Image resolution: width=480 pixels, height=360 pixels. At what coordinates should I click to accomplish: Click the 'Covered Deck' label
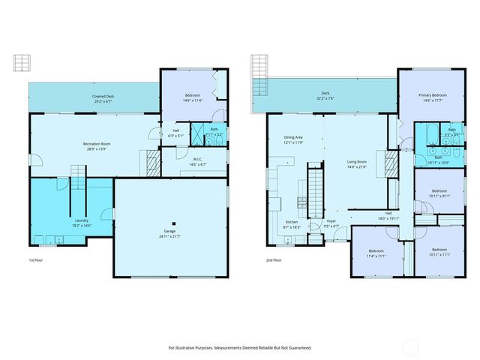point(103,96)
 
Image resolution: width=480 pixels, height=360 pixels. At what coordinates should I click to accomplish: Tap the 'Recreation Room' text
point(97,143)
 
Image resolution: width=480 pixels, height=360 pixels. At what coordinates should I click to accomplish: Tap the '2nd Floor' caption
point(273,260)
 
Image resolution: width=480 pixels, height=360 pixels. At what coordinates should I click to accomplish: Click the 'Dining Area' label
point(293,137)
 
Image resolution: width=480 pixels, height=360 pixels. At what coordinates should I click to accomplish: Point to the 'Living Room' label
point(356,161)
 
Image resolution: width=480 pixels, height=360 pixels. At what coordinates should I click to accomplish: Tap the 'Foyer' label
point(331,221)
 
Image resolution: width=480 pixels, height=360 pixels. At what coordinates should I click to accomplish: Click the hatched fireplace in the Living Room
point(391,163)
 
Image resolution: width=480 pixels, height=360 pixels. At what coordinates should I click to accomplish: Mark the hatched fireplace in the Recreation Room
point(151,160)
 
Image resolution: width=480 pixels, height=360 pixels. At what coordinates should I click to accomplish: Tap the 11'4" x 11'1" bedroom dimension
point(376,256)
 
